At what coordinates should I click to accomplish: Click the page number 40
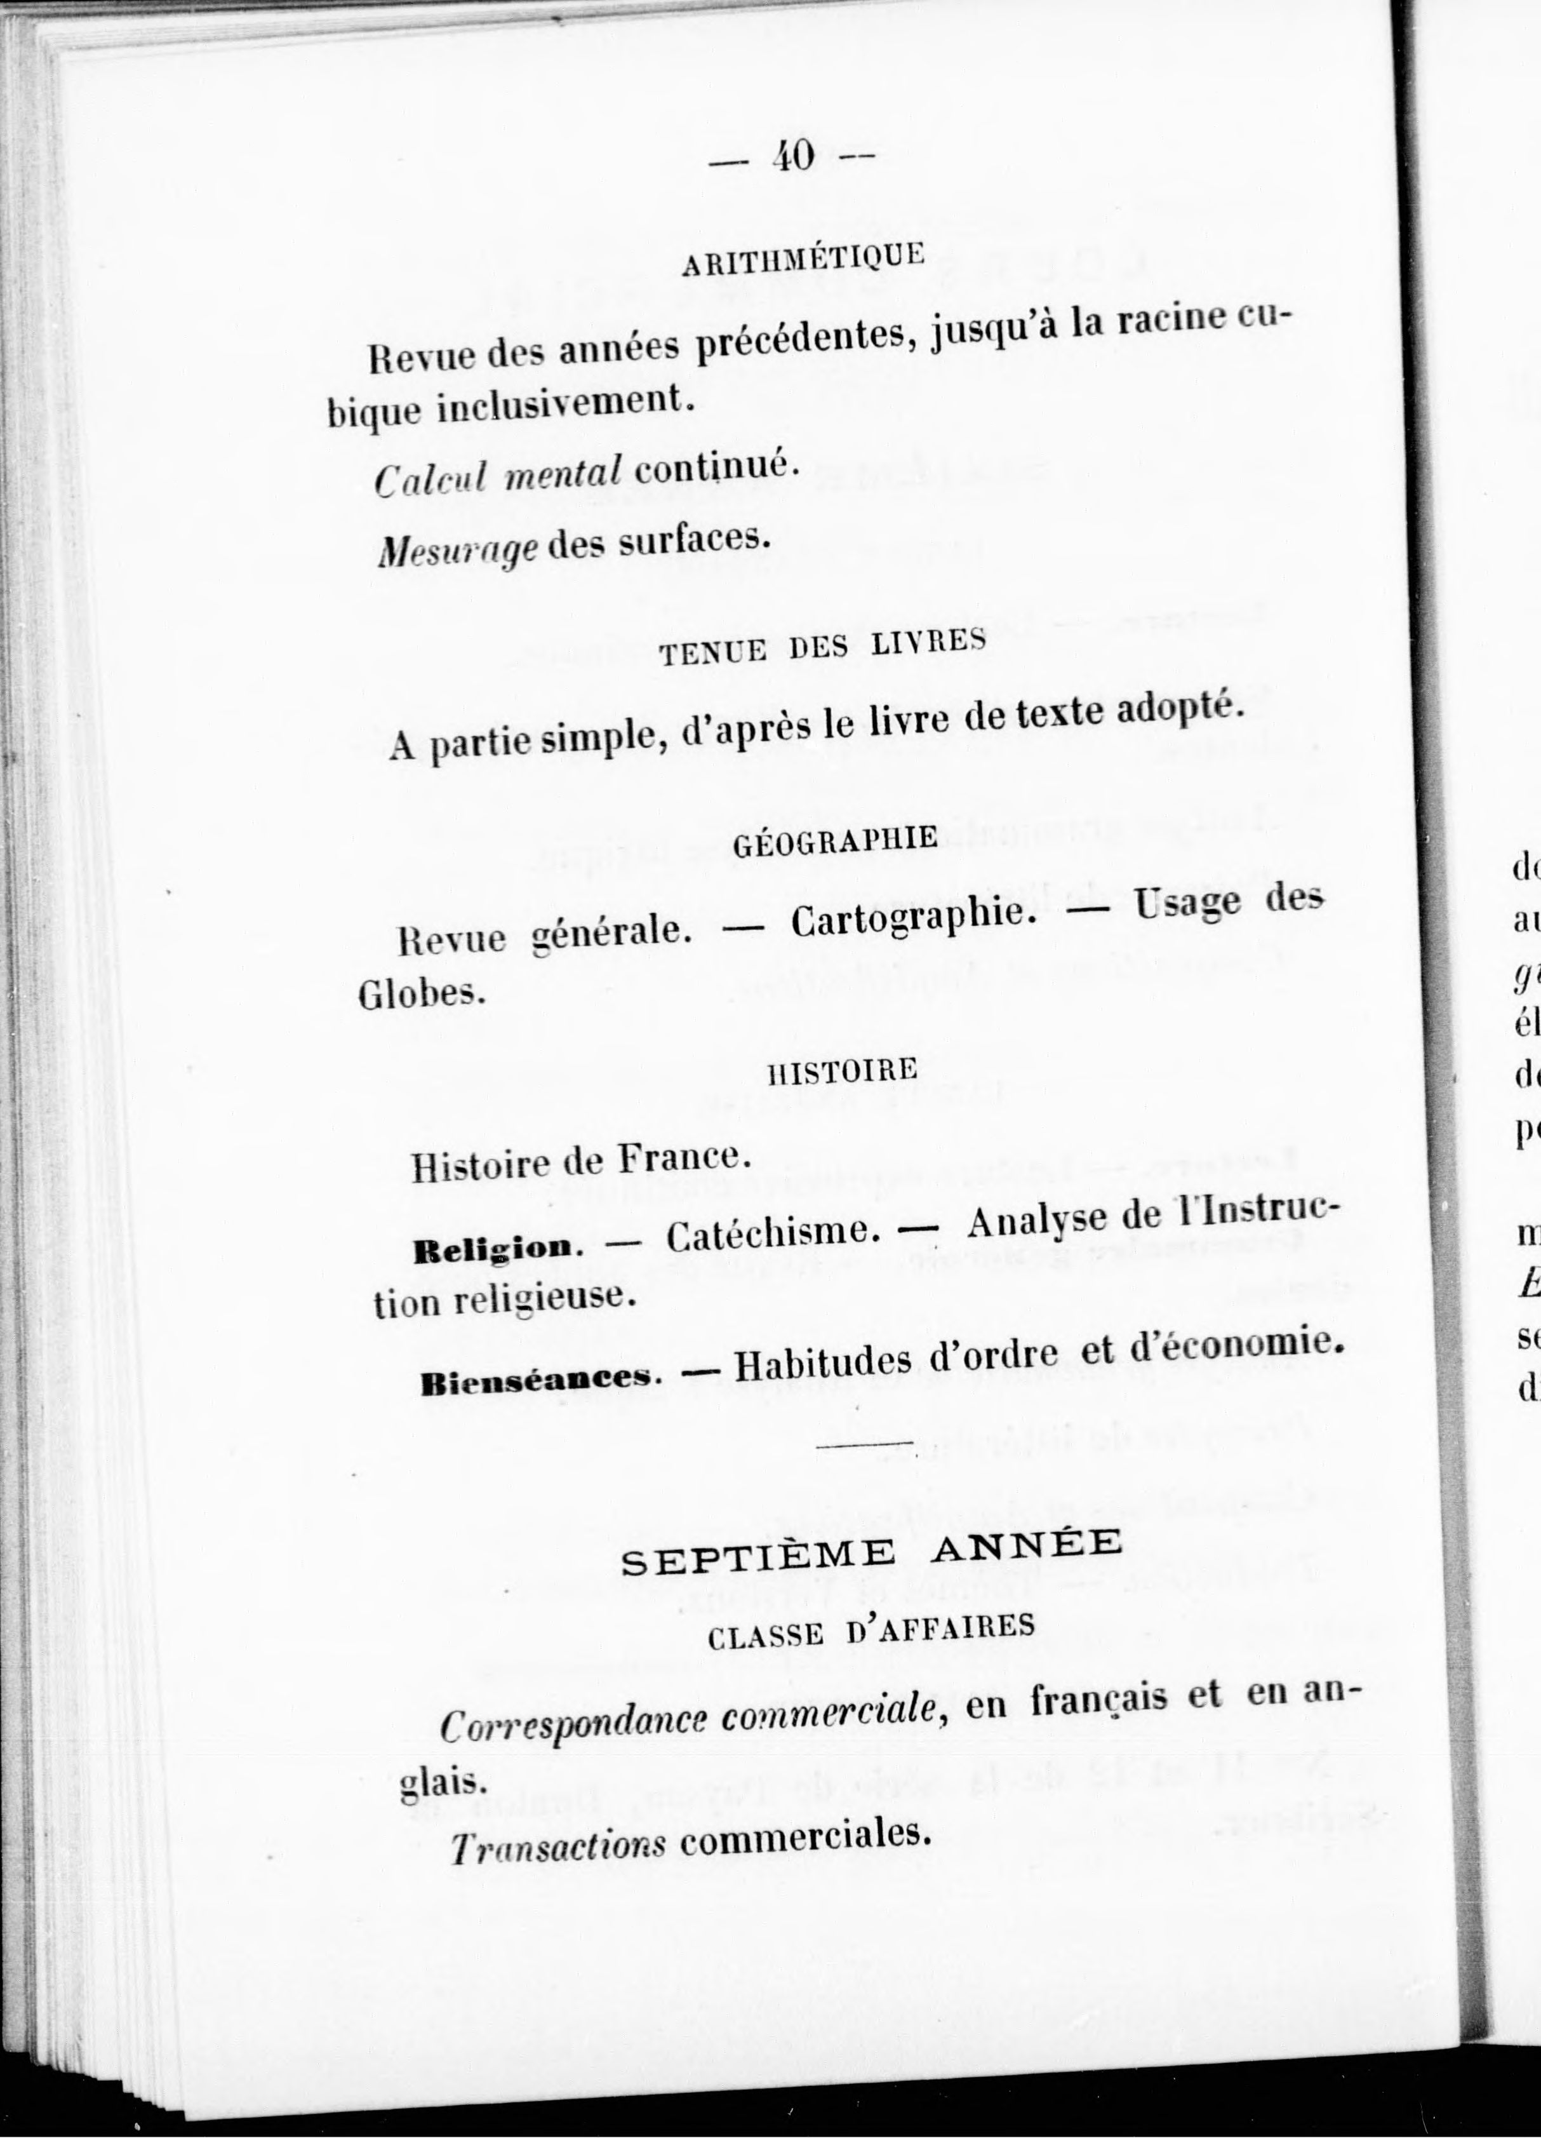click(x=792, y=156)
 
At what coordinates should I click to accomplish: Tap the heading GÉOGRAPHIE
click(x=835, y=839)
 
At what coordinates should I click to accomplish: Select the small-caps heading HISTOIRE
click(x=843, y=1071)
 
